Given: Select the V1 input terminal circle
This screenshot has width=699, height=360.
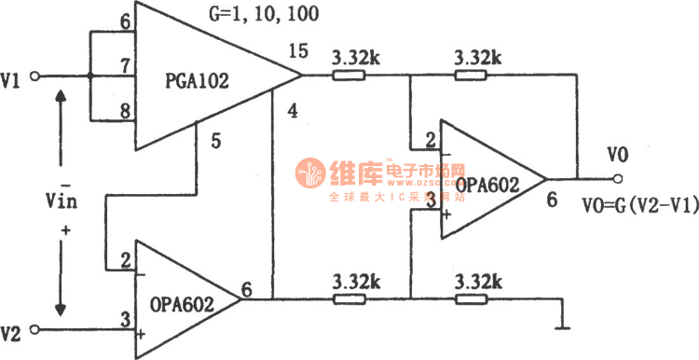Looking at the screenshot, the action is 35,76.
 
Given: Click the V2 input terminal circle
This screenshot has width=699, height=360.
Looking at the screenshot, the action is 35,329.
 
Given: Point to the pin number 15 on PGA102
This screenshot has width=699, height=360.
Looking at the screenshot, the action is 298,51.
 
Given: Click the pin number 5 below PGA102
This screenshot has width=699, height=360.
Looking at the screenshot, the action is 215,143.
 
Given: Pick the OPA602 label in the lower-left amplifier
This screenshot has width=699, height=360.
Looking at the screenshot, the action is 183,303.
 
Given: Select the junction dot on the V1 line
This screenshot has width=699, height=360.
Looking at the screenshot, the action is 90,76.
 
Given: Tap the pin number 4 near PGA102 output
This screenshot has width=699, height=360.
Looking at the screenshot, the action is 293,112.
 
